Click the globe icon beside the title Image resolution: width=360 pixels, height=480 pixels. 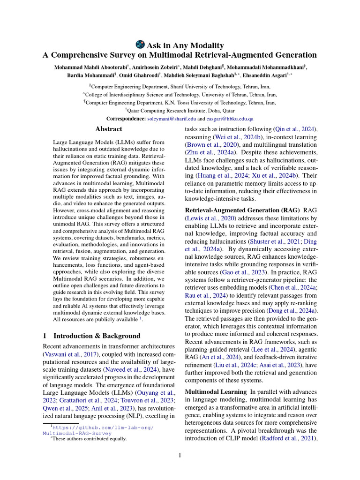pyautogui.click(x=140, y=45)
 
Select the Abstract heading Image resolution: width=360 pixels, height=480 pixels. pyautogui.click(x=109, y=129)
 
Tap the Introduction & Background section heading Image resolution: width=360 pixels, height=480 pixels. pyautogui.click(x=91, y=336)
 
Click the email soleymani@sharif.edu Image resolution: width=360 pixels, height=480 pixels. pyautogui.click(x=172, y=119)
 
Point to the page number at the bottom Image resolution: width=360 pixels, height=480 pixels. pyautogui.click(x=180, y=454)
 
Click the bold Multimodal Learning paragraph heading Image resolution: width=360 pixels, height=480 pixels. pyautogui.click(x=216, y=391)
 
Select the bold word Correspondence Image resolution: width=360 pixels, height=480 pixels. pyautogui.click(x=126, y=119)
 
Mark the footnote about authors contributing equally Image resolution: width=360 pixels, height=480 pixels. pyautogui.click(x=90, y=439)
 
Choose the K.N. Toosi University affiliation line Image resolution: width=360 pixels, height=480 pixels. pyautogui.click(x=180, y=102)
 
